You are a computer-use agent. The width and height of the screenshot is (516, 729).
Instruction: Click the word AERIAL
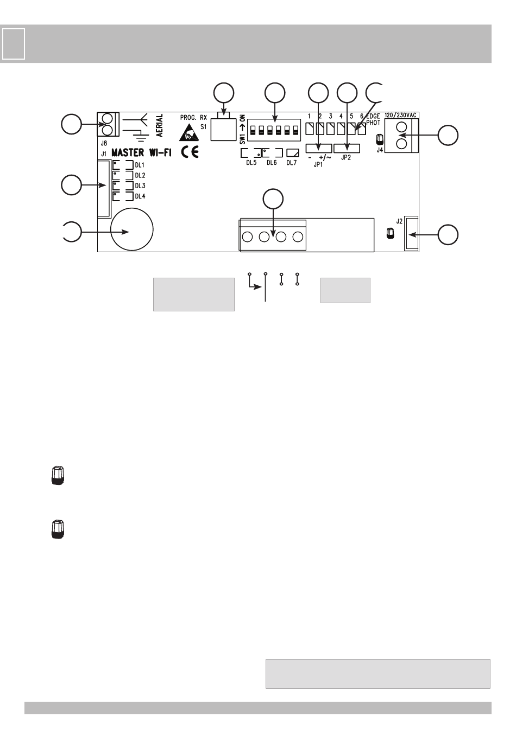coord(160,126)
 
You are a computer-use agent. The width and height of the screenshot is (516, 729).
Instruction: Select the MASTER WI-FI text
coord(141,153)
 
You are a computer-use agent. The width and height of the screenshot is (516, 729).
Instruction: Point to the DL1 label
coord(140,165)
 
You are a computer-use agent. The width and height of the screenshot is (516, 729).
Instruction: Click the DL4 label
coord(140,196)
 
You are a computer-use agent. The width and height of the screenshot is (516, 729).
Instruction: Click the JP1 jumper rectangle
coord(319,149)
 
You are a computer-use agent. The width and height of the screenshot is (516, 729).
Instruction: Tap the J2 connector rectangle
coord(411,234)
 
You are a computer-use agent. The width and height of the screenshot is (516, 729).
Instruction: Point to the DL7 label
coord(292,163)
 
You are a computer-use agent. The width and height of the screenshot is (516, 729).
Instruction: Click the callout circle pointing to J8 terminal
coord(71,125)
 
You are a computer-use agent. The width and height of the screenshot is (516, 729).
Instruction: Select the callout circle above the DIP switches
coord(274,93)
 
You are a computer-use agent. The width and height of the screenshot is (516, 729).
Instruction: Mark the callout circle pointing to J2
coord(448,234)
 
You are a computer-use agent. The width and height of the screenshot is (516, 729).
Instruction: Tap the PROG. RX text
coord(193,117)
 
